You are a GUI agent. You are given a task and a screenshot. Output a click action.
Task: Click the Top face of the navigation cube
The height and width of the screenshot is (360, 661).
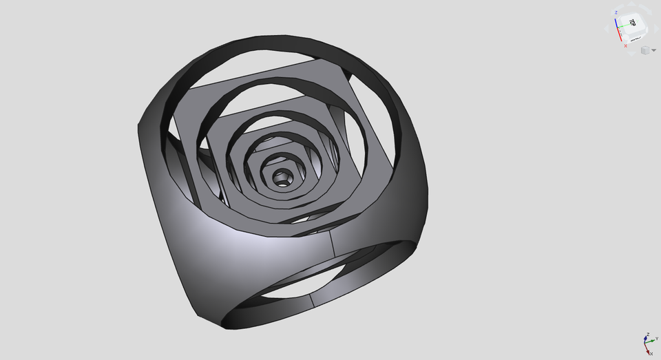[633, 23]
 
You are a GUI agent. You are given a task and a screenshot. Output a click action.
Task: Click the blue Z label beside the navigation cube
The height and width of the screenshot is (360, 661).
[616, 12]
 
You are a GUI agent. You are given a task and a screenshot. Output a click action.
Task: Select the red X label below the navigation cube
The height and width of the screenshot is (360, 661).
[626, 46]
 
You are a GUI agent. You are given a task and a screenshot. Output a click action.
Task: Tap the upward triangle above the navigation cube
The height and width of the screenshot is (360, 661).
[631, 4]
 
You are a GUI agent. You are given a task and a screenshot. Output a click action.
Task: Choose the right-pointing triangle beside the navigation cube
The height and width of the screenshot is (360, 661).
[656, 29]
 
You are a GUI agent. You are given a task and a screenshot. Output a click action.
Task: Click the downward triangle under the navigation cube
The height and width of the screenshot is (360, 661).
[631, 54]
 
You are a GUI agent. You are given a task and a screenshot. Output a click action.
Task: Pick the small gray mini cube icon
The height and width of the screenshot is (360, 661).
[645, 50]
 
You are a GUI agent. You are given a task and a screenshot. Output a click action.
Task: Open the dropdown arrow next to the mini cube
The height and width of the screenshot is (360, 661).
[653, 50]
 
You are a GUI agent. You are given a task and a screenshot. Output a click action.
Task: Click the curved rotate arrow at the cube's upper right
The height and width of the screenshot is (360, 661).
[645, 9]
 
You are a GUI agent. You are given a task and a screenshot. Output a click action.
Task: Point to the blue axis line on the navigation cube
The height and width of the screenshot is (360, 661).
[616, 23]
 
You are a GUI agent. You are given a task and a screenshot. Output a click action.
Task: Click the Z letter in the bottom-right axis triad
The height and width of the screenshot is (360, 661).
[648, 335]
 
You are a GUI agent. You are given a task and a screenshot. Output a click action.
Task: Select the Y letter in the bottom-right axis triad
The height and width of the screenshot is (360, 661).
[657, 339]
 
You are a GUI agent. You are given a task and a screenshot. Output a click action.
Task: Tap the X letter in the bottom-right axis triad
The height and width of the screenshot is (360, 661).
[651, 354]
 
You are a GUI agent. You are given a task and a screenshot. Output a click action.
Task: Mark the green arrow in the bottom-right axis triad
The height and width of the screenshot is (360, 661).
[651, 341]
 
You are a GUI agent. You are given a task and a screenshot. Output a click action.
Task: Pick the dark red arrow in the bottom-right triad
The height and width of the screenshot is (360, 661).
[647, 350]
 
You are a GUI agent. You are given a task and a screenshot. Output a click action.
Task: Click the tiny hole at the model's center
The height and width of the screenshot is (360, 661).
[282, 177]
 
